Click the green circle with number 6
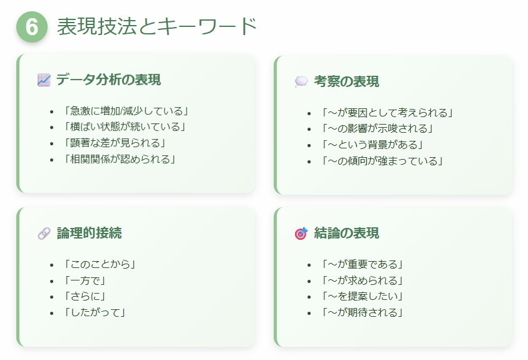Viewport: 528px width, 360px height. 32,27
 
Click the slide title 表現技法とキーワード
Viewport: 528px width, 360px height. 157,26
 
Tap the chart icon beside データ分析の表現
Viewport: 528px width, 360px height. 44,80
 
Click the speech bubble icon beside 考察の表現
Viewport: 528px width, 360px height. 301,82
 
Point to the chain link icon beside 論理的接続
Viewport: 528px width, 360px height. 44,234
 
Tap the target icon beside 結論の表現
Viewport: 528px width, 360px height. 301,234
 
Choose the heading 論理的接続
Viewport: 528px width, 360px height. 89,233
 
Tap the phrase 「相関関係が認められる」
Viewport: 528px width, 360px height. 118,159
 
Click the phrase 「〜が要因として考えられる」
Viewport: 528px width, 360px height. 386,113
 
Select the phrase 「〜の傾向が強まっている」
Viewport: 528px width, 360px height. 382,161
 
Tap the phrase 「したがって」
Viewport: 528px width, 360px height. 95,312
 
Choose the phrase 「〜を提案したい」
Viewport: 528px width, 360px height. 361,296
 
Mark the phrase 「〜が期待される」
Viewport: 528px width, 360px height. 361,312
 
